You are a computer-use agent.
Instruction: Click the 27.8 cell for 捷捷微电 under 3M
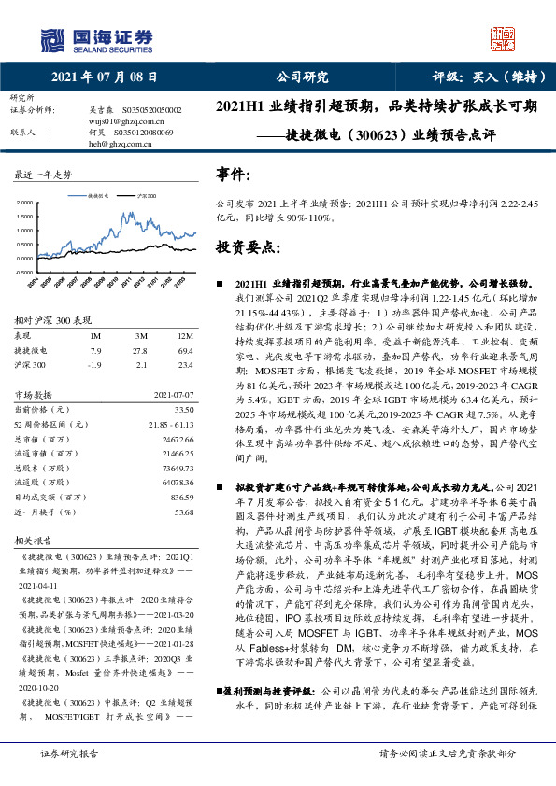[x=141, y=349]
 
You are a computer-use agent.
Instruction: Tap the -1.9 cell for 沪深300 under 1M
[x=93, y=365]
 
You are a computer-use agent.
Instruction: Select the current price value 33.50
[x=183, y=410]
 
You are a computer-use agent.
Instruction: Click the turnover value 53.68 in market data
[x=183, y=512]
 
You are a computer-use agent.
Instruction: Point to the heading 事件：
[x=234, y=174]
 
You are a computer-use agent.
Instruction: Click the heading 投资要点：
[x=244, y=247]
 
